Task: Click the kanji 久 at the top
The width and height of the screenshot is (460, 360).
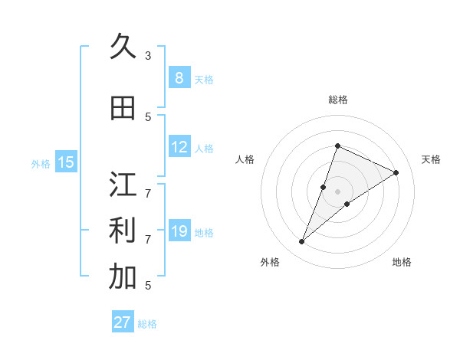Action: point(123,47)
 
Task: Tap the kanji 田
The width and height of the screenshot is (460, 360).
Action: point(123,108)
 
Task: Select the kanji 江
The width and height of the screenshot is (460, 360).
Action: point(123,185)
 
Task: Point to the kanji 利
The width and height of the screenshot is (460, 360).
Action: point(123,231)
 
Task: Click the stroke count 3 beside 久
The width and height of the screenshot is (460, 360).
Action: point(148,55)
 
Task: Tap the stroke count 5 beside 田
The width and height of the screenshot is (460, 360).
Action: point(148,116)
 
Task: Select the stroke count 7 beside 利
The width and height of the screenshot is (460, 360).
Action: point(148,239)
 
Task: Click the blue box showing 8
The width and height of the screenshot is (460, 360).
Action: point(179,77)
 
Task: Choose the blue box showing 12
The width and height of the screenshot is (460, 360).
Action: point(179,147)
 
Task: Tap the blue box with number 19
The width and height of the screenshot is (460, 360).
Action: point(179,231)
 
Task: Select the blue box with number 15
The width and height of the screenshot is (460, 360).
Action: point(66,162)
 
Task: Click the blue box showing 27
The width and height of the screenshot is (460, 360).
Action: point(122,322)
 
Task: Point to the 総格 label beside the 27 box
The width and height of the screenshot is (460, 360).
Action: point(147,324)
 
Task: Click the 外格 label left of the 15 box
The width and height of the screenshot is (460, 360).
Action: point(41,163)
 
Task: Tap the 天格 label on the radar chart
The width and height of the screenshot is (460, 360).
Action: point(432,159)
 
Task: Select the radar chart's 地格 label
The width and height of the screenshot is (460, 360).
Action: point(402,262)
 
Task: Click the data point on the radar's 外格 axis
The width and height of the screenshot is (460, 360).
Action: point(302,242)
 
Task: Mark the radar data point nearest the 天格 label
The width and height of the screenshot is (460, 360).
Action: point(396,173)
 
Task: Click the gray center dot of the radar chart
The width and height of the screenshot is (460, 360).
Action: point(337,191)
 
